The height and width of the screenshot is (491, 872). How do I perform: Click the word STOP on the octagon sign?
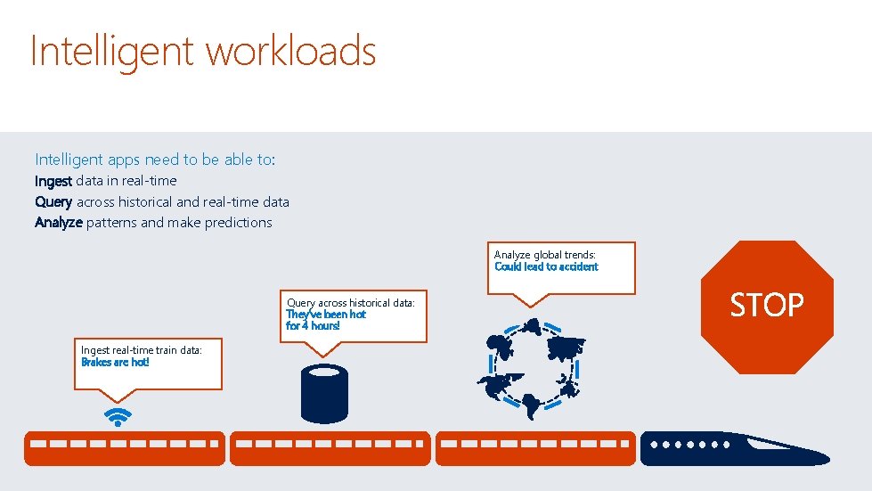coord(766,306)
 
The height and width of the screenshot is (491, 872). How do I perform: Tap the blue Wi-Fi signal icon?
coord(118,416)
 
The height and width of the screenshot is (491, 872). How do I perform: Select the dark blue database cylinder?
coord(324,395)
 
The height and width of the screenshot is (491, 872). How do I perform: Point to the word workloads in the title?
coord(292,51)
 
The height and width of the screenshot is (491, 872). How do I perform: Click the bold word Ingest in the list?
coord(53,181)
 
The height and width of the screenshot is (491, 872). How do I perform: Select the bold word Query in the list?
coord(53,202)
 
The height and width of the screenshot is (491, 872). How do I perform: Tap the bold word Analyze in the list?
coord(59,223)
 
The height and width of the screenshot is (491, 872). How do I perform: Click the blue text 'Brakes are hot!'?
coord(115,363)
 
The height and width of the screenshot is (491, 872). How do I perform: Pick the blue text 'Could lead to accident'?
coord(546,266)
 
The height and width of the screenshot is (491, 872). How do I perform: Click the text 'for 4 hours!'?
coord(313,326)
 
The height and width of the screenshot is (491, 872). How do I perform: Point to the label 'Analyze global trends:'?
coord(544,255)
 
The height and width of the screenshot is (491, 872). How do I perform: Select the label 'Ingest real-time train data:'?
coord(142,350)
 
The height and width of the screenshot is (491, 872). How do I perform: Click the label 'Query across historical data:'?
coord(350,303)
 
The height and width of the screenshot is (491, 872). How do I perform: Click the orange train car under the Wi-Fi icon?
coord(124,448)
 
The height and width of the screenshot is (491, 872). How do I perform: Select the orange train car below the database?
coord(330,448)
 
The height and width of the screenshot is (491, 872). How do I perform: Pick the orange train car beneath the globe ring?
coord(534,448)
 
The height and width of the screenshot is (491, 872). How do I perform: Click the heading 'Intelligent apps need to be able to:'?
coord(155,160)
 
